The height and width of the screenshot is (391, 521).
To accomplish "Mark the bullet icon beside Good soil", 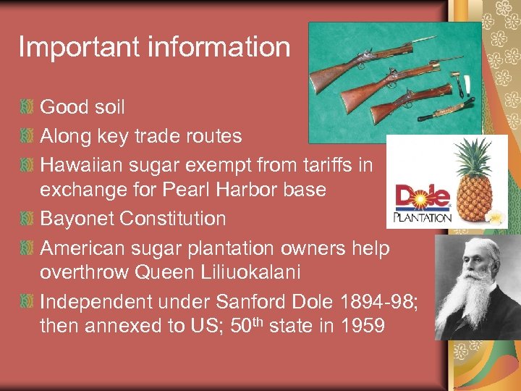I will [27, 108].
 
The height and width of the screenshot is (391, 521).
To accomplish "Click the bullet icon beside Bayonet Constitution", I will [27, 219].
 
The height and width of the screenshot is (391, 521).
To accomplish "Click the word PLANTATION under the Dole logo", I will [423, 216].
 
